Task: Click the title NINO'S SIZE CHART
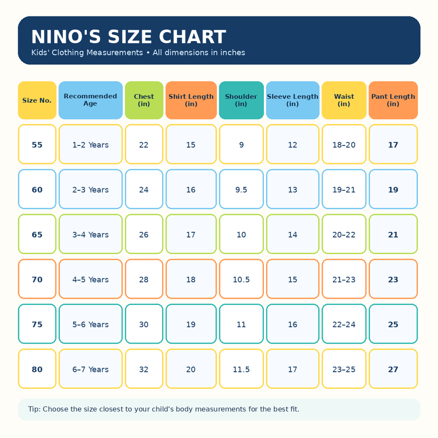pos(128,37)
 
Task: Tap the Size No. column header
pos(37,101)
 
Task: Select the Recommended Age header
pos(90,101)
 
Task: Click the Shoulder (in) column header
pos(242,101)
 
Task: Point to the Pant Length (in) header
pos(393,101)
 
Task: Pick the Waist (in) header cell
pos(344,101)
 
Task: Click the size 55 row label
pos(37,144)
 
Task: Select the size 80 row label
pos(37,369)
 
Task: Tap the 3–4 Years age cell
pos(90,234)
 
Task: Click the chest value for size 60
pos(144,189)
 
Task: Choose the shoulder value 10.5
pos(242,279)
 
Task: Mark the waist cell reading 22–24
pos(344,324)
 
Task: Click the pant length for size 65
pos(393,234)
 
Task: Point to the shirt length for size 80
pos(191,369)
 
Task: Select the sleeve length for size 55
pos(293,144)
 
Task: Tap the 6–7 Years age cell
pos(90,369)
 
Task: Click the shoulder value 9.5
pos(242,189)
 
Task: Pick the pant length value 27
pos(393,369)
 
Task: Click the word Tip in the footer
pos(34,409)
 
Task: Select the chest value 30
pos(144,324)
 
